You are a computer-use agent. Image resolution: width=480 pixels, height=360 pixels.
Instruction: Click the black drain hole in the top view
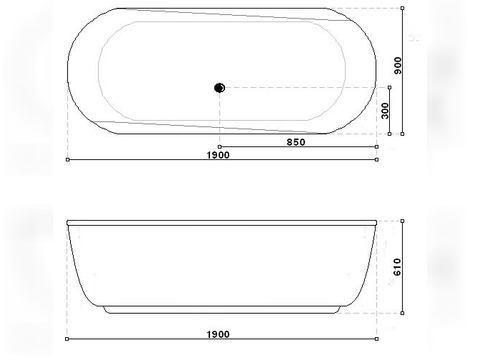point(219,88)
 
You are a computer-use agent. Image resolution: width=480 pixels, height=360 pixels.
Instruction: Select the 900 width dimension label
point(398,66)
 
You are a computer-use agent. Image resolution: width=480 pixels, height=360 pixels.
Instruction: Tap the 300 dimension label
point(385,111)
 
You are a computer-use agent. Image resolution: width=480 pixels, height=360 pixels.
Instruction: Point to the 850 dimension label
point(296,142)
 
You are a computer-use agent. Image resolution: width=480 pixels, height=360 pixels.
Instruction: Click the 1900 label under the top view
point(218,155)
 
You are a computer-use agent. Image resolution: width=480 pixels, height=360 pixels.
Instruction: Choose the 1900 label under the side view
point(218,334)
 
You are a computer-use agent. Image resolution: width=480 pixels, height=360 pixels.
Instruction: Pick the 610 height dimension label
point(397,267)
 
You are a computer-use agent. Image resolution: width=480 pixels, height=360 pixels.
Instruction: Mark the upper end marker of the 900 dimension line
point(402,8)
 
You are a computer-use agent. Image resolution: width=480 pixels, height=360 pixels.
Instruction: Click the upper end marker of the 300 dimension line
point(390,87)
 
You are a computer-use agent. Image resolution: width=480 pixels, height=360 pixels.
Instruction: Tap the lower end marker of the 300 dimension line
point(390,134)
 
